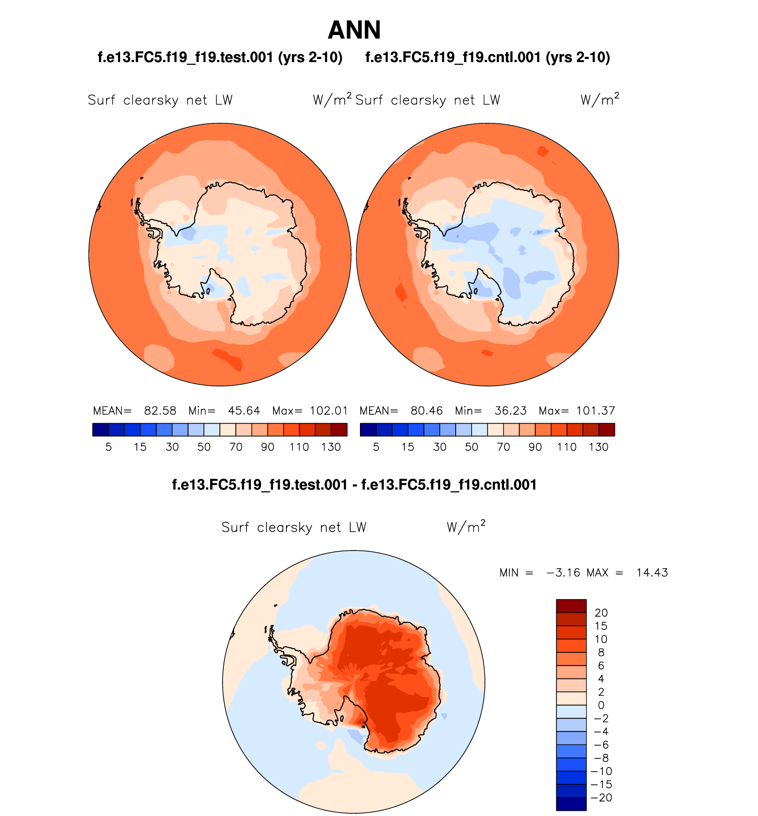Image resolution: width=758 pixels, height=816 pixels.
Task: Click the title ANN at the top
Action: tap(354, 30)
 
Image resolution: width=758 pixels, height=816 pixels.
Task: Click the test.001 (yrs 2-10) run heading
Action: tap(220, 58)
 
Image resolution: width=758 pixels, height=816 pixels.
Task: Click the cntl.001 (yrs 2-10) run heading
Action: tap(488, 58)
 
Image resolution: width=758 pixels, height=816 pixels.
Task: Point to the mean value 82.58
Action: tap(160, 411)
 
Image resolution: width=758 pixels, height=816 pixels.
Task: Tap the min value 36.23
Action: tap(511, 411)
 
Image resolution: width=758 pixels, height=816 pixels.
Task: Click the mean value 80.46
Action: tap(426, 411)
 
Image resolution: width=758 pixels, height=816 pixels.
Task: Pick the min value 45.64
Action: tap(244, 411)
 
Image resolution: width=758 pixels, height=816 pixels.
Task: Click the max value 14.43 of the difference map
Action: tap(652, 573)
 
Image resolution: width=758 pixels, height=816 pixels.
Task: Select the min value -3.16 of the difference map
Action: tap(563, 573)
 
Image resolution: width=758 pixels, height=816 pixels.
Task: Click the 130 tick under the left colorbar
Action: tap(331, 447)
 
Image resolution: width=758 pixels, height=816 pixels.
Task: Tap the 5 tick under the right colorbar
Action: tap(376, 447)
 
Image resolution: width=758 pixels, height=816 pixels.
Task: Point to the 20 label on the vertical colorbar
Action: tap(601, 613)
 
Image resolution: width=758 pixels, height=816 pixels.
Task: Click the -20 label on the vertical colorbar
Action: tap(601, 798)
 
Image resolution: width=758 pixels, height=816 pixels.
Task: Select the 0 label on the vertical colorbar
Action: tap(601, 705)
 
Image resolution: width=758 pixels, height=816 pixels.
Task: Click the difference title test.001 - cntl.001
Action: tap(354, 485)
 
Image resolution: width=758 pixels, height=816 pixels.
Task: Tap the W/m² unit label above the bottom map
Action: tap(466, 527)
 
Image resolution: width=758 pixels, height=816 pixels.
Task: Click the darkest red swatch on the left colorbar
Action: tap(339, 430)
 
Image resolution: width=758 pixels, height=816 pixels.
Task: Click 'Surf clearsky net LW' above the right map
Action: tap(427, 100)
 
